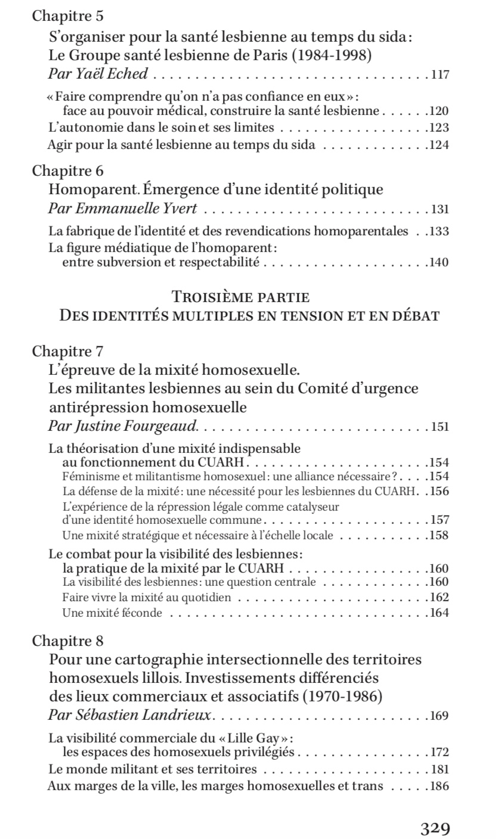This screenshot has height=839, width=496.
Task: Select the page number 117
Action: pyautogui.click(x=440, y=75)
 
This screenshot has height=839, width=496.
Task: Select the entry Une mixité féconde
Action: pyautogui.click(x=111, y=612)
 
